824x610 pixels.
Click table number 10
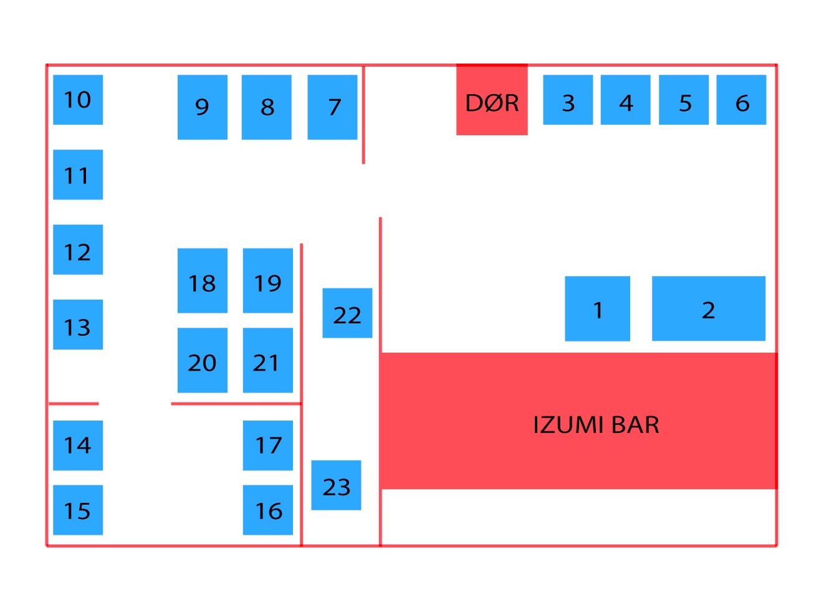(x=78, y=100)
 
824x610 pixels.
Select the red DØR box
(x=492, y=100)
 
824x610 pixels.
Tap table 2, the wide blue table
(x=708, y=308)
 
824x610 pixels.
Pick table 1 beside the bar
(x=597, y=308)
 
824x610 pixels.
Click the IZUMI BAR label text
(x=596, y=425)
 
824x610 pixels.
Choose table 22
(x=347, y=313)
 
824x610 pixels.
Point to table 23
(x=336, y=485)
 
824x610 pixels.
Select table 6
(x=741, y=100)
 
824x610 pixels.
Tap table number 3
(x=568, y=100)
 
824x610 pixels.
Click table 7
(x=332, y=107)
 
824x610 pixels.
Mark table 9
(x=202, y=107)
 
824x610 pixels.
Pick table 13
(x=78, y=325)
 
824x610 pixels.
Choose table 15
(x=78, y=510)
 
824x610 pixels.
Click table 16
(x=268, y=510)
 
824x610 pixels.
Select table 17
(x=268, y=445)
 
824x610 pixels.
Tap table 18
(x=202, y=280)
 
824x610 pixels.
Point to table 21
(x=268, y=360)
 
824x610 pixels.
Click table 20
(x=202, y=360)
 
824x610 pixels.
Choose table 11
(x=78, y=174)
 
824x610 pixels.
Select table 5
(x=684, y=100)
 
